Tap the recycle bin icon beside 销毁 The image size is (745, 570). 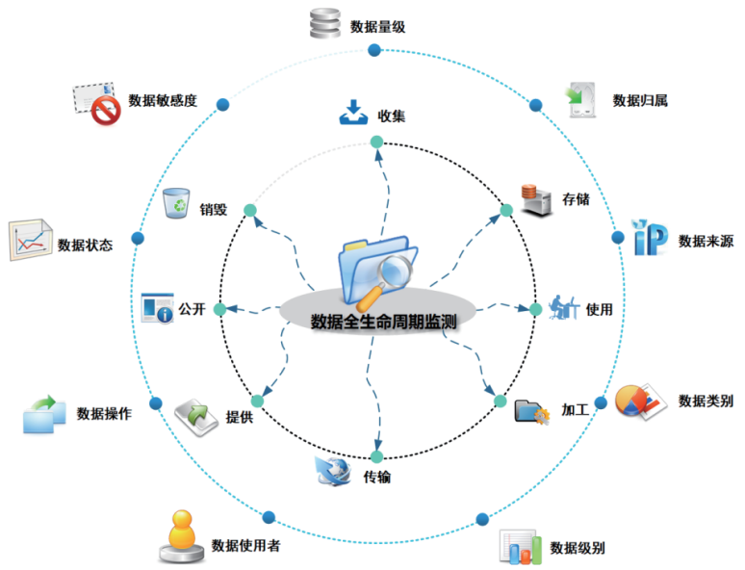click(x=176, y=204)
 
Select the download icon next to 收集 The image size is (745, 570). click(x=353, y=114)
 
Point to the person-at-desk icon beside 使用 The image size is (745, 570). click(x=564, y=308)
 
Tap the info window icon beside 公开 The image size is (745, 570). click(x=157, y=308)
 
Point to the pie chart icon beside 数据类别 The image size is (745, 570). click(x=637, y=399)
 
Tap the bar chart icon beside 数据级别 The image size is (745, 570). click(x=521, y=546)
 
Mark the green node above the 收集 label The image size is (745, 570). click(x=376, y=142)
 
